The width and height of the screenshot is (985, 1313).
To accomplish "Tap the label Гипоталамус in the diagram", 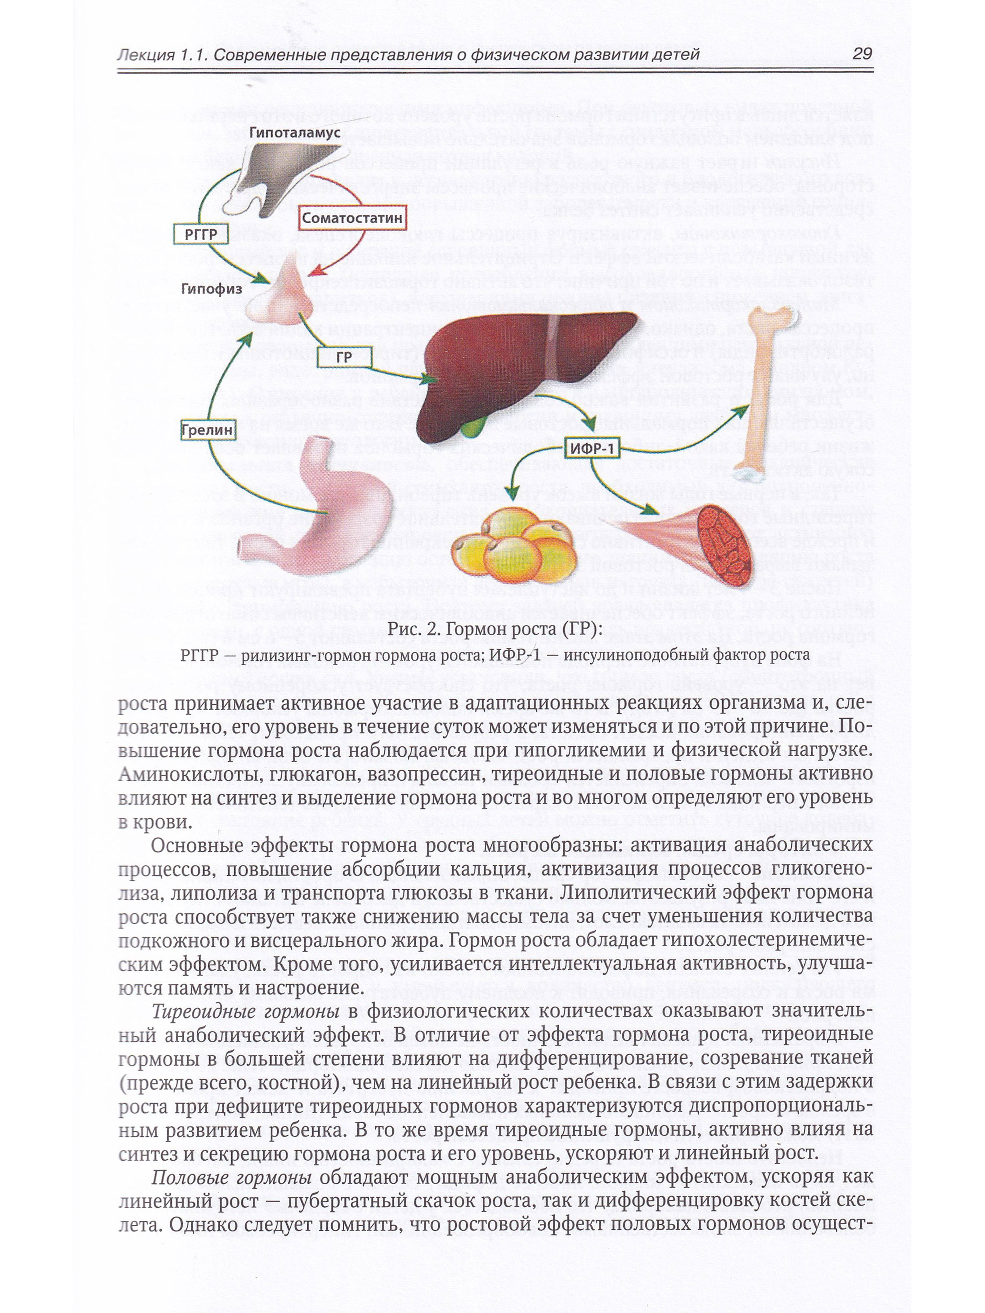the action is [295, 132].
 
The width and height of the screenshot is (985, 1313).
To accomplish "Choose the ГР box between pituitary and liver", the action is [344, 357].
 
